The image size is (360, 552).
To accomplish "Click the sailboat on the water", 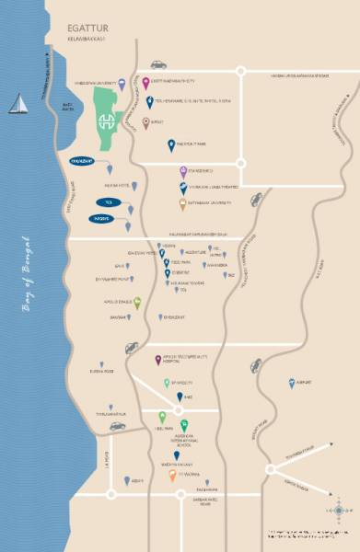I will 17,103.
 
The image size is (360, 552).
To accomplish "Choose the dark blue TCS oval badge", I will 108,201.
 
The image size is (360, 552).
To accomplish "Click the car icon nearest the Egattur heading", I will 158,64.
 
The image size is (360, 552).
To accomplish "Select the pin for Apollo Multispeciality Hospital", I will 158,335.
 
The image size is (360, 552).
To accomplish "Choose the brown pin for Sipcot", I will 146,121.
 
